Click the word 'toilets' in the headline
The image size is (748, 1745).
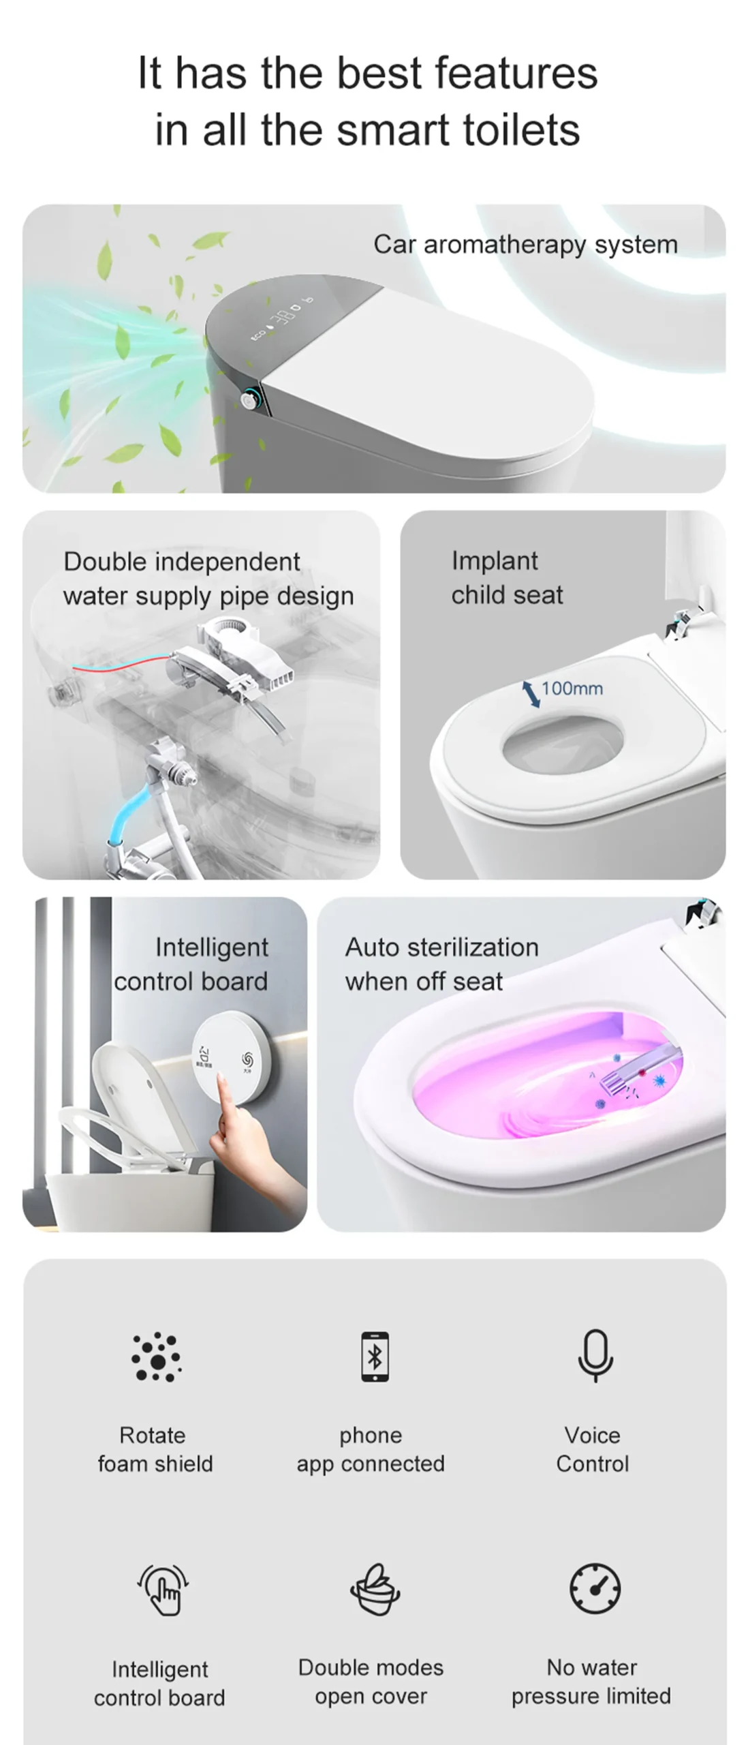click(x=521, y=130)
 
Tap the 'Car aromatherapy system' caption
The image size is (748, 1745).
click(x=525, y=244)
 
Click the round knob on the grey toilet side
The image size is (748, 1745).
click(x=250, y=399)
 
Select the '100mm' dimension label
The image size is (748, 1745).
click(x=572, y=688)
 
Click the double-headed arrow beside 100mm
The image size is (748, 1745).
click(x=531, y=693)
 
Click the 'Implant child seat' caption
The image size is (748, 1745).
click(x=507, y=577)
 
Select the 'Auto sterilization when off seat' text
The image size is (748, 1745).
click(x=441, y=964)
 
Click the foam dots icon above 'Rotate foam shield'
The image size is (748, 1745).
click(x=156, y=1356)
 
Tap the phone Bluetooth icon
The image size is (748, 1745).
click(x=375, y=1356)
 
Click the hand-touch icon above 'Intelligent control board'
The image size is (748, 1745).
click(x=162, y=1590)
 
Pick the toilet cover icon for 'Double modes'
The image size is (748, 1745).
click(x=374, y=1590)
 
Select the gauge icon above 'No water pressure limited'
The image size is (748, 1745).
click(x=595, y=1589)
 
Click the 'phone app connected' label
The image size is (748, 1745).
click(x=370, y=1449)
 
